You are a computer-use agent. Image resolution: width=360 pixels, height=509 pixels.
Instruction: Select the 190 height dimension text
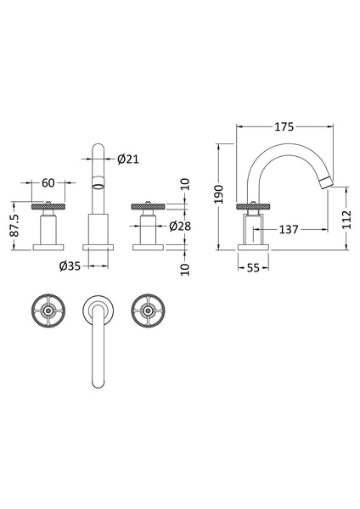click(x=221, y=195)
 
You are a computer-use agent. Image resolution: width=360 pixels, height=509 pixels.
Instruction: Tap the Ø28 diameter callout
click(x=179, y=226)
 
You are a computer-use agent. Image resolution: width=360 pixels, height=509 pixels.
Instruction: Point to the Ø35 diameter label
click(x=70, y=266)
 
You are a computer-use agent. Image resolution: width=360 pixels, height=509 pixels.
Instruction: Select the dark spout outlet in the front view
click(x=99, y=182)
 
